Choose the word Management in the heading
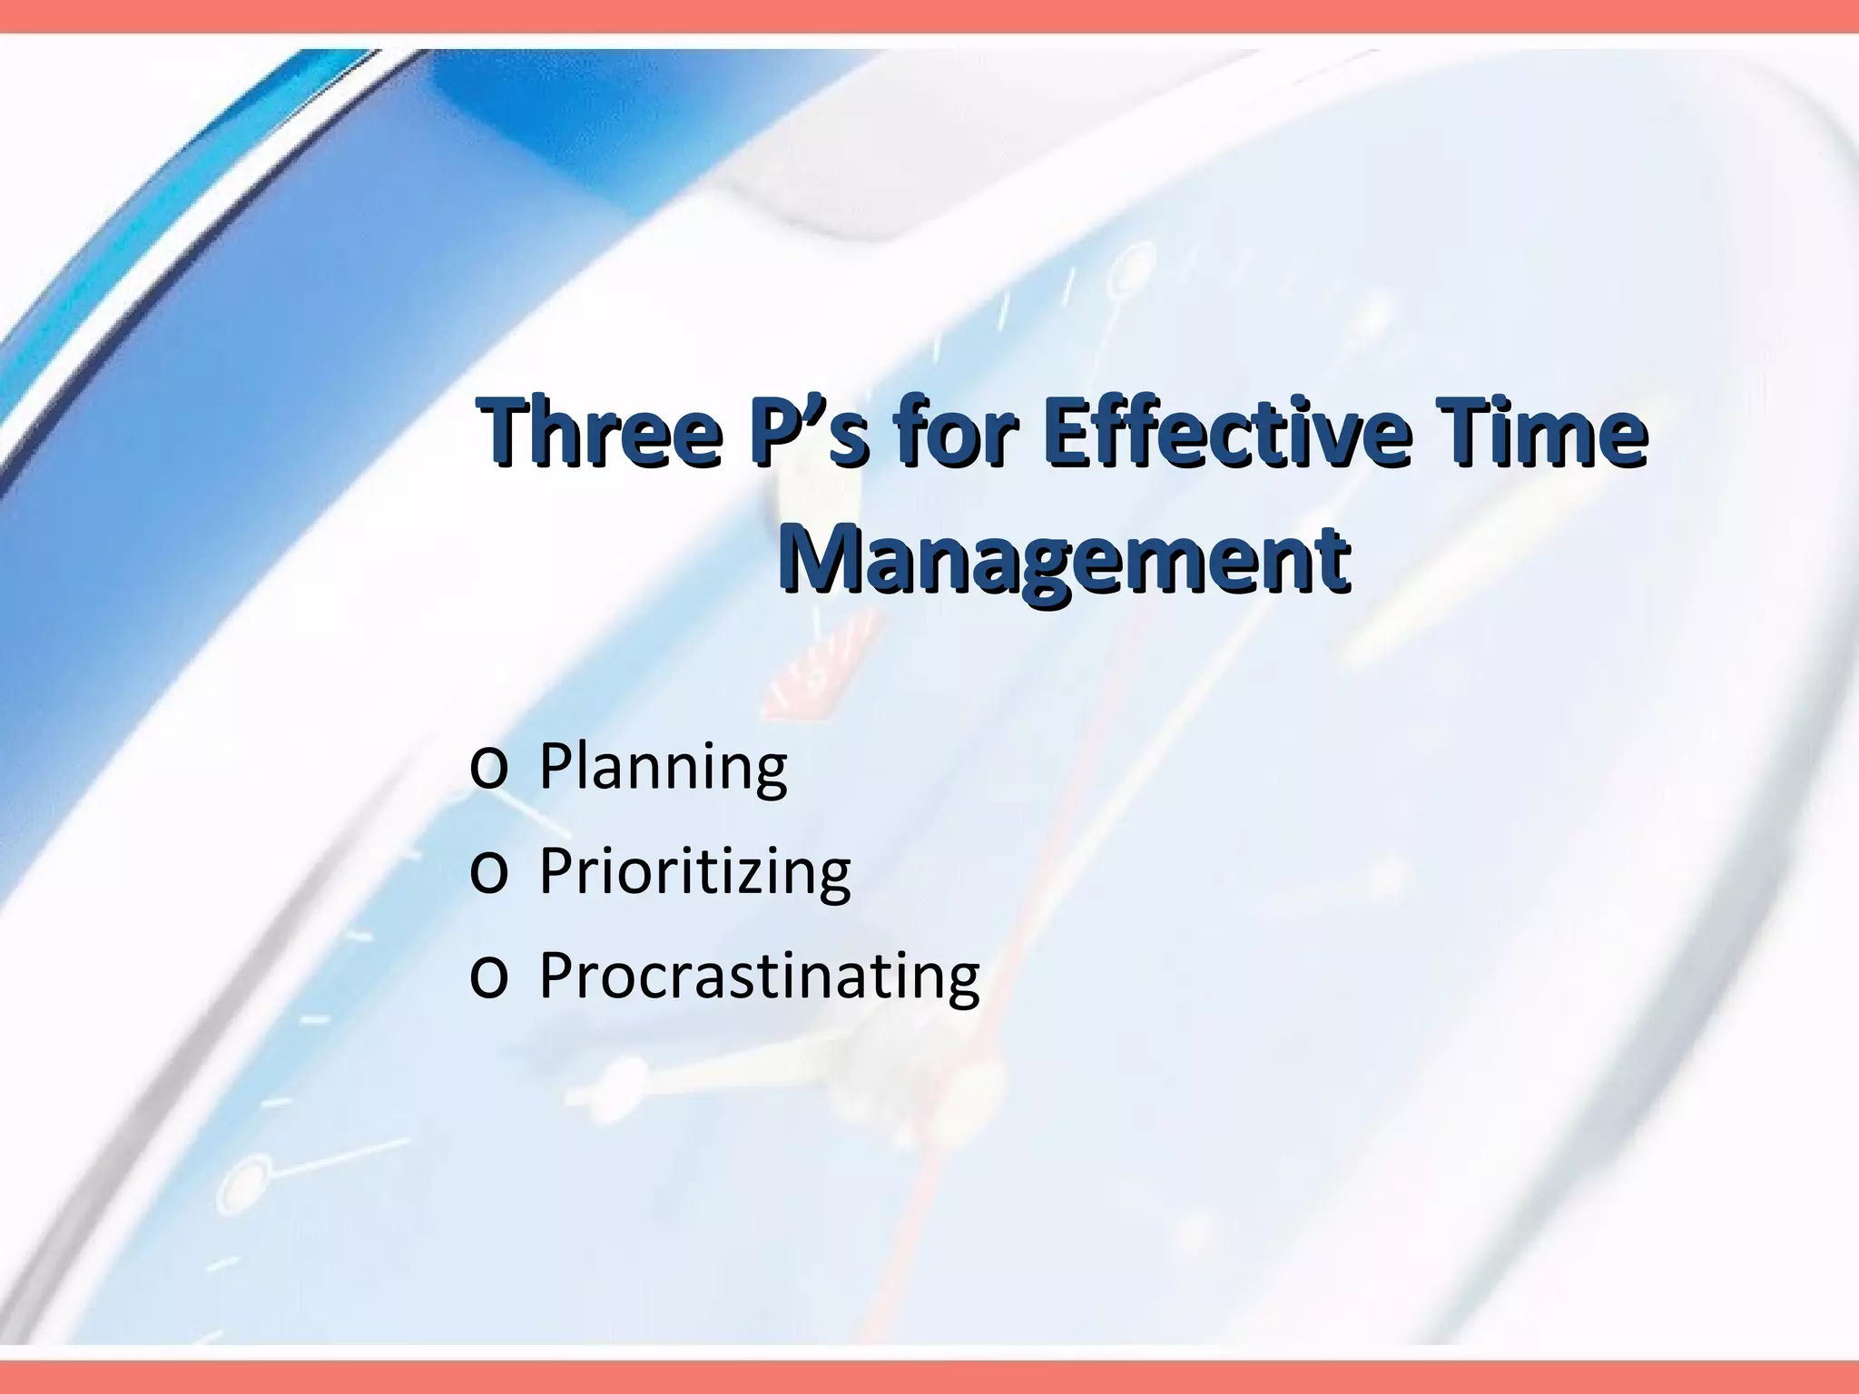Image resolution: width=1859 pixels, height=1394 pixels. [x=1064, y=556]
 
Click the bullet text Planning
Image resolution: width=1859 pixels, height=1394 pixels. [x=663, y=768]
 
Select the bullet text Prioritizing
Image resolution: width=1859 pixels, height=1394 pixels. [x=694, y=872]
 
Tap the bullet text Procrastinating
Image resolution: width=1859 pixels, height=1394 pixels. [x=759, y=977]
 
